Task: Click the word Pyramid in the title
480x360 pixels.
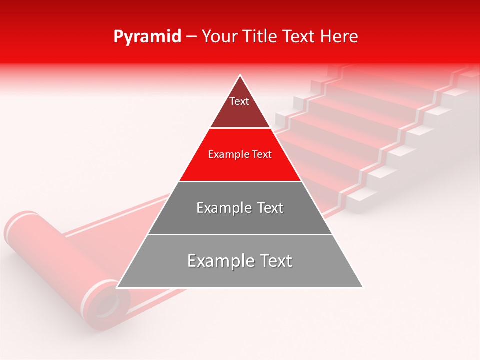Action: click(147, 37)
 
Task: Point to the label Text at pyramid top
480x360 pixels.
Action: click(239, 102)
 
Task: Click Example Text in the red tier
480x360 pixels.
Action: click(240, 155)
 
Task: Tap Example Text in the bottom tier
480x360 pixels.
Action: click(240, 261)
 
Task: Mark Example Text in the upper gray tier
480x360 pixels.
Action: click(240, 208)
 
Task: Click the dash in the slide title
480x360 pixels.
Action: click(191, 37)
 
